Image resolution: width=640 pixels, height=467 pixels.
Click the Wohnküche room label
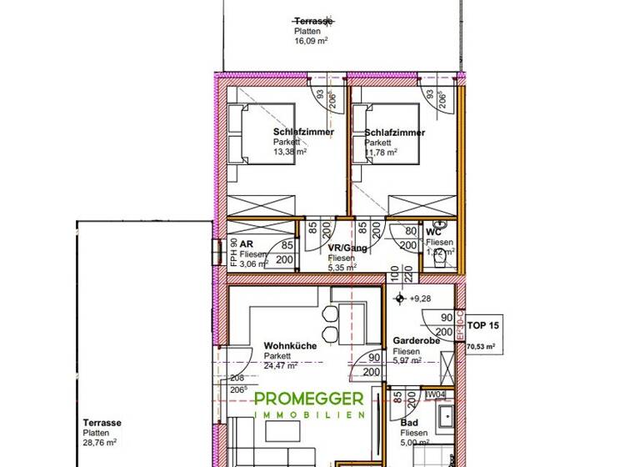pos(289,345)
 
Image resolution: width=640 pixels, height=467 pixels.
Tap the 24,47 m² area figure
pos(284,365)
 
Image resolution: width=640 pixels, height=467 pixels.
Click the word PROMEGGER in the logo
pos(310,400)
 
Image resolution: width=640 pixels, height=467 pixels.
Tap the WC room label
pos(433,233)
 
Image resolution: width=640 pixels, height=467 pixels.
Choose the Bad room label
pos(408,424)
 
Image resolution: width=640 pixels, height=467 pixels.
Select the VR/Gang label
pos(344,249)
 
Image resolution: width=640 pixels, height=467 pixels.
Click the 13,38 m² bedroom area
pos(290,152)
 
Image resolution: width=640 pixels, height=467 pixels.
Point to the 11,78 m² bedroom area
pos(381,152)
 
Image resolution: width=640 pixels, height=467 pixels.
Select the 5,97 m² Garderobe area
pos(407,361)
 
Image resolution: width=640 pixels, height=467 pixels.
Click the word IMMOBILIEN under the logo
pos(310,415)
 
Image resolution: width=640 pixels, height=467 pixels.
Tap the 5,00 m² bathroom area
pos(413,443)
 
